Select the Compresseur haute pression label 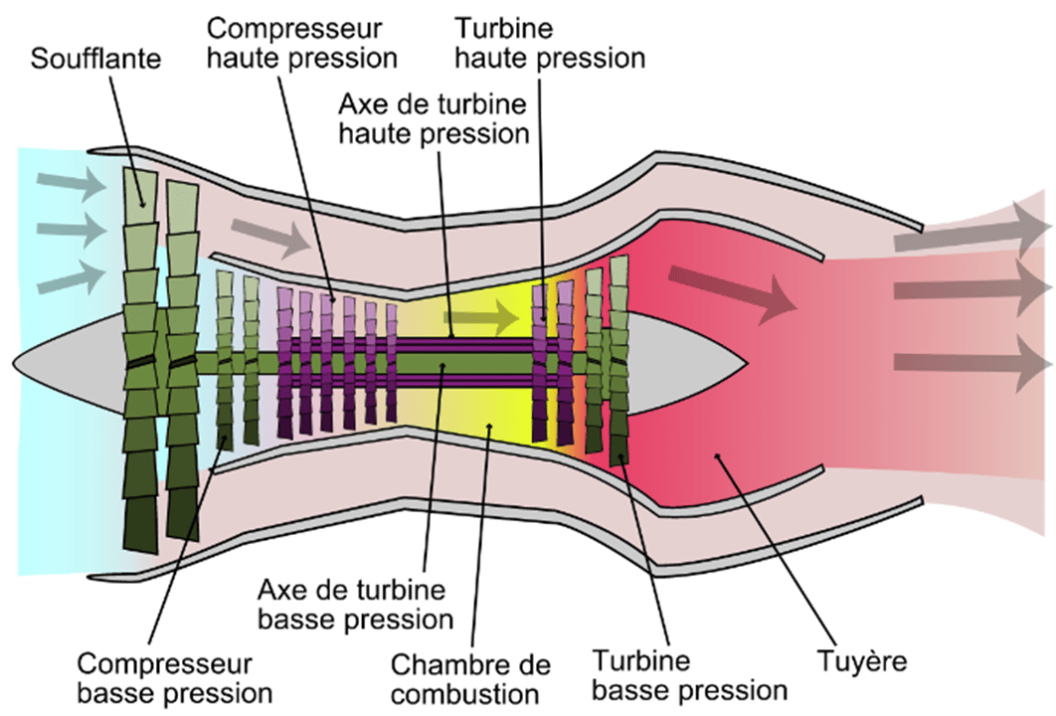point(299,41)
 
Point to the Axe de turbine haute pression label point(433,118)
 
